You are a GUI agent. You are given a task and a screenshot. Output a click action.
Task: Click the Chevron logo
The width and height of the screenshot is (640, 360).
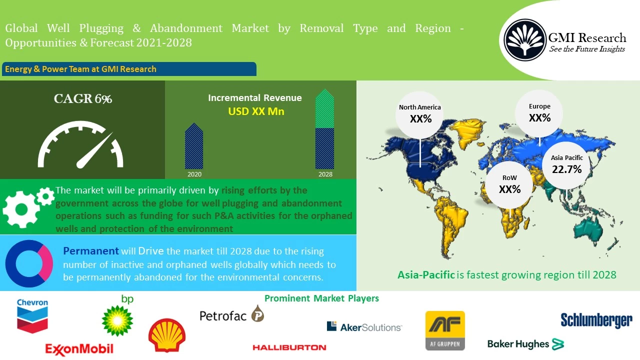click(x=32, y=315)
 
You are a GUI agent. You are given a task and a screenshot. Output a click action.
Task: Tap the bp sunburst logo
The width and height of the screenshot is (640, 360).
click(x=117, y=320)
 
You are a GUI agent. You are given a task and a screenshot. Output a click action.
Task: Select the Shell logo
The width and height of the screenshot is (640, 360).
click(x=167, y=335)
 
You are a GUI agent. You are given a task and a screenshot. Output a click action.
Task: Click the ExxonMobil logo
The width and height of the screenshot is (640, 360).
click(x=79, y=348)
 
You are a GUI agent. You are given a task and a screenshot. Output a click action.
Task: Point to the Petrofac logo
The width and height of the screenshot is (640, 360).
click(x=231, y=314)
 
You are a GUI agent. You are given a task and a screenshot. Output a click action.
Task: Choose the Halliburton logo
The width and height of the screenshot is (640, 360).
click(x=289, y=347)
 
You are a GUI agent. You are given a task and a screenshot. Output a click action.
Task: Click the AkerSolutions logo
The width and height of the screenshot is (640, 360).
click(x=364, y=326)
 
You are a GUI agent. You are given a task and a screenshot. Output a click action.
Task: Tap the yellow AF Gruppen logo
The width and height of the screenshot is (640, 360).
click(x=445, y=330)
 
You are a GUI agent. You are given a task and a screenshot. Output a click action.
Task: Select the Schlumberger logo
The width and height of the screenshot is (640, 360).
click(x=596, y=320)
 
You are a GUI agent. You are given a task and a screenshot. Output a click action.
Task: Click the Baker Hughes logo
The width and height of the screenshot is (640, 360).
click(x=525, y=344)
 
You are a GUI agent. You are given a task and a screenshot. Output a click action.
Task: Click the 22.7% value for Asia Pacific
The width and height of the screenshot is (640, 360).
click(x=566, y=169)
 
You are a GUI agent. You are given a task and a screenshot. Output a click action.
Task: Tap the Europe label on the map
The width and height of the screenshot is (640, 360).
click(x=539, y=106)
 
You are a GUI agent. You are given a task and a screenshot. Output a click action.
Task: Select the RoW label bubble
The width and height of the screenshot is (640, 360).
click(x=509, y=184)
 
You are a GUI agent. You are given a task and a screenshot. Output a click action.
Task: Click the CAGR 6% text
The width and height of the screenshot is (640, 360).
click(x=83, y=99)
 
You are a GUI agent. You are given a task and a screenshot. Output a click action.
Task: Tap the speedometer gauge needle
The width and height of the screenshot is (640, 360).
click(x=93, y=152)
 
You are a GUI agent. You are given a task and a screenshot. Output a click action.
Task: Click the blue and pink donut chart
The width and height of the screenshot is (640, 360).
click(x=29, y=263)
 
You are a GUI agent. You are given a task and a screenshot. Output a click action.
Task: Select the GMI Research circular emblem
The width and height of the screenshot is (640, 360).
click(x=524, y=39)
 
